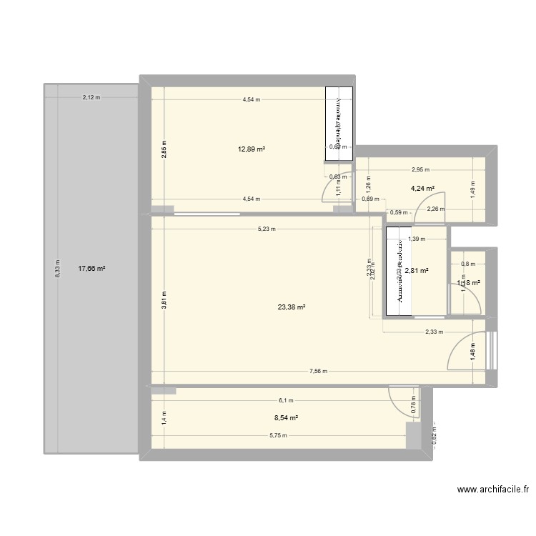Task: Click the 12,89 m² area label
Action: coord(252,149)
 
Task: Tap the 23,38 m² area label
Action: coord(292,307)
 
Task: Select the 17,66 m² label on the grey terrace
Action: coord(91,269)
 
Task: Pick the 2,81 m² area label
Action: coord(416,271)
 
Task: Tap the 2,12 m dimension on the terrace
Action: coord(91,97)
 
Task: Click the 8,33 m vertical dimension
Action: coord(59,269)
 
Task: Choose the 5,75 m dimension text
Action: coord(278,435)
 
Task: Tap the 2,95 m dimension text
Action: coord(420,170)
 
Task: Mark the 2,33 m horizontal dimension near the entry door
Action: coord(434,332)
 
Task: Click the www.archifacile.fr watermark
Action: coord(492,490)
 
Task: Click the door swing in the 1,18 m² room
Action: coord(467,300)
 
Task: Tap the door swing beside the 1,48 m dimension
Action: coord(465,352)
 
